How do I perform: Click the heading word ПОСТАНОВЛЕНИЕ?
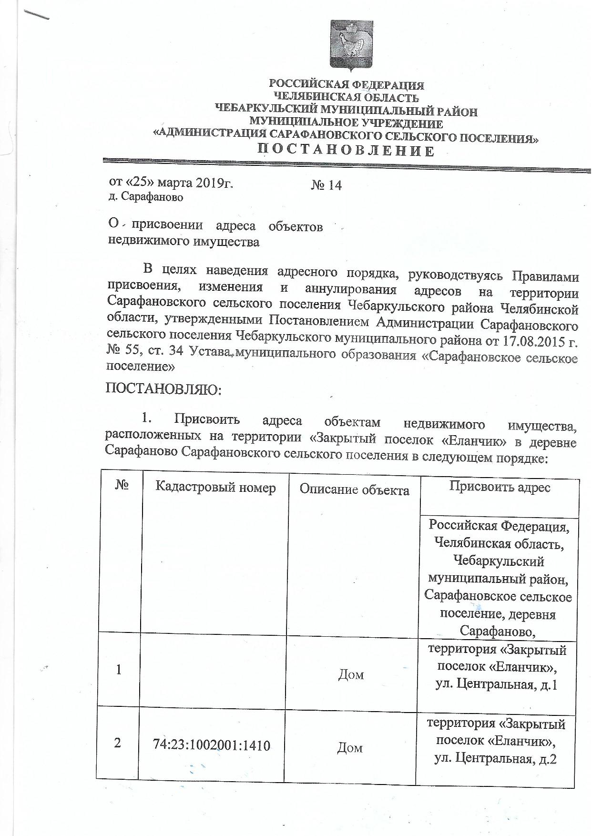pyautogui.click(x=346, y=151)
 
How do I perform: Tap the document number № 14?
pyautogui.click(x=327, y=185)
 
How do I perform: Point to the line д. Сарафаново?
pyautogui.click(x=146, y=196)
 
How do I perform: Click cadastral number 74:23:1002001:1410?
pyautogui.click(x=212, y=744)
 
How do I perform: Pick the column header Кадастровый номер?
pyautogui.click(x=215, y=488)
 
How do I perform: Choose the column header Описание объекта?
pyautogui.click(x=354, y=490)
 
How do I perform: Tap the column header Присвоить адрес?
pyautogui.click(x=500, y=487)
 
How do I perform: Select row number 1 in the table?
pyautogui.click(x=118, y=670)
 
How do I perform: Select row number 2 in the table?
pyautogui.click(x=118, y=743)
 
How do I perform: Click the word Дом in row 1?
pyautogui.click(x=351, y=674)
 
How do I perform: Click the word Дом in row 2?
pyautogui.click(x=350, y=748)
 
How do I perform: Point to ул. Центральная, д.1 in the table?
pyautogui.click(x=496, y=685)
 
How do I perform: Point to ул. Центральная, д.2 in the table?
pyautogui.click(x=496, y=759)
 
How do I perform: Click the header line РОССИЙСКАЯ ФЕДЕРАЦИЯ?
pyautogui.click(x=347, y=85)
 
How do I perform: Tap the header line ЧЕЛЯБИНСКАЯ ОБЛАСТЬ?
pyautogui.click(x=347, y=98)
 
